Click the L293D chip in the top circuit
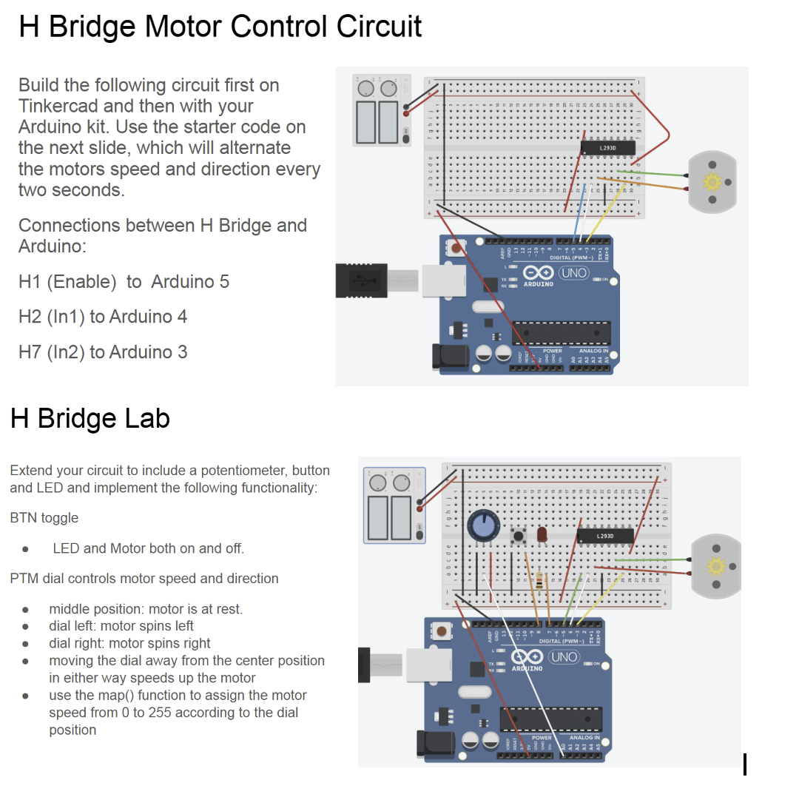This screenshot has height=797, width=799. click(608, 148)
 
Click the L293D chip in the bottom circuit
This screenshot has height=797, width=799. click(604, 535)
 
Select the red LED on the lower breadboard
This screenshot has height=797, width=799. click(542, 534)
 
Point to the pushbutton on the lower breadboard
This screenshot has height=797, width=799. click(519, 535)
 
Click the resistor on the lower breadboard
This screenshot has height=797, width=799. click(546, 581)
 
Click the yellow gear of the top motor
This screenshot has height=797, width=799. click(712, 181)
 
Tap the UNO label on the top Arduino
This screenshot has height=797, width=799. click(573, 273)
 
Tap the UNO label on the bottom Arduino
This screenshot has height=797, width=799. click(564, 657)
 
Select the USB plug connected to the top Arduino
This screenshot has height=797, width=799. click(363, 281)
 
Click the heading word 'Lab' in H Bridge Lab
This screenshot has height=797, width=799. click(146, 419)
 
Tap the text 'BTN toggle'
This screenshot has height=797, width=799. click(44, 518)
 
